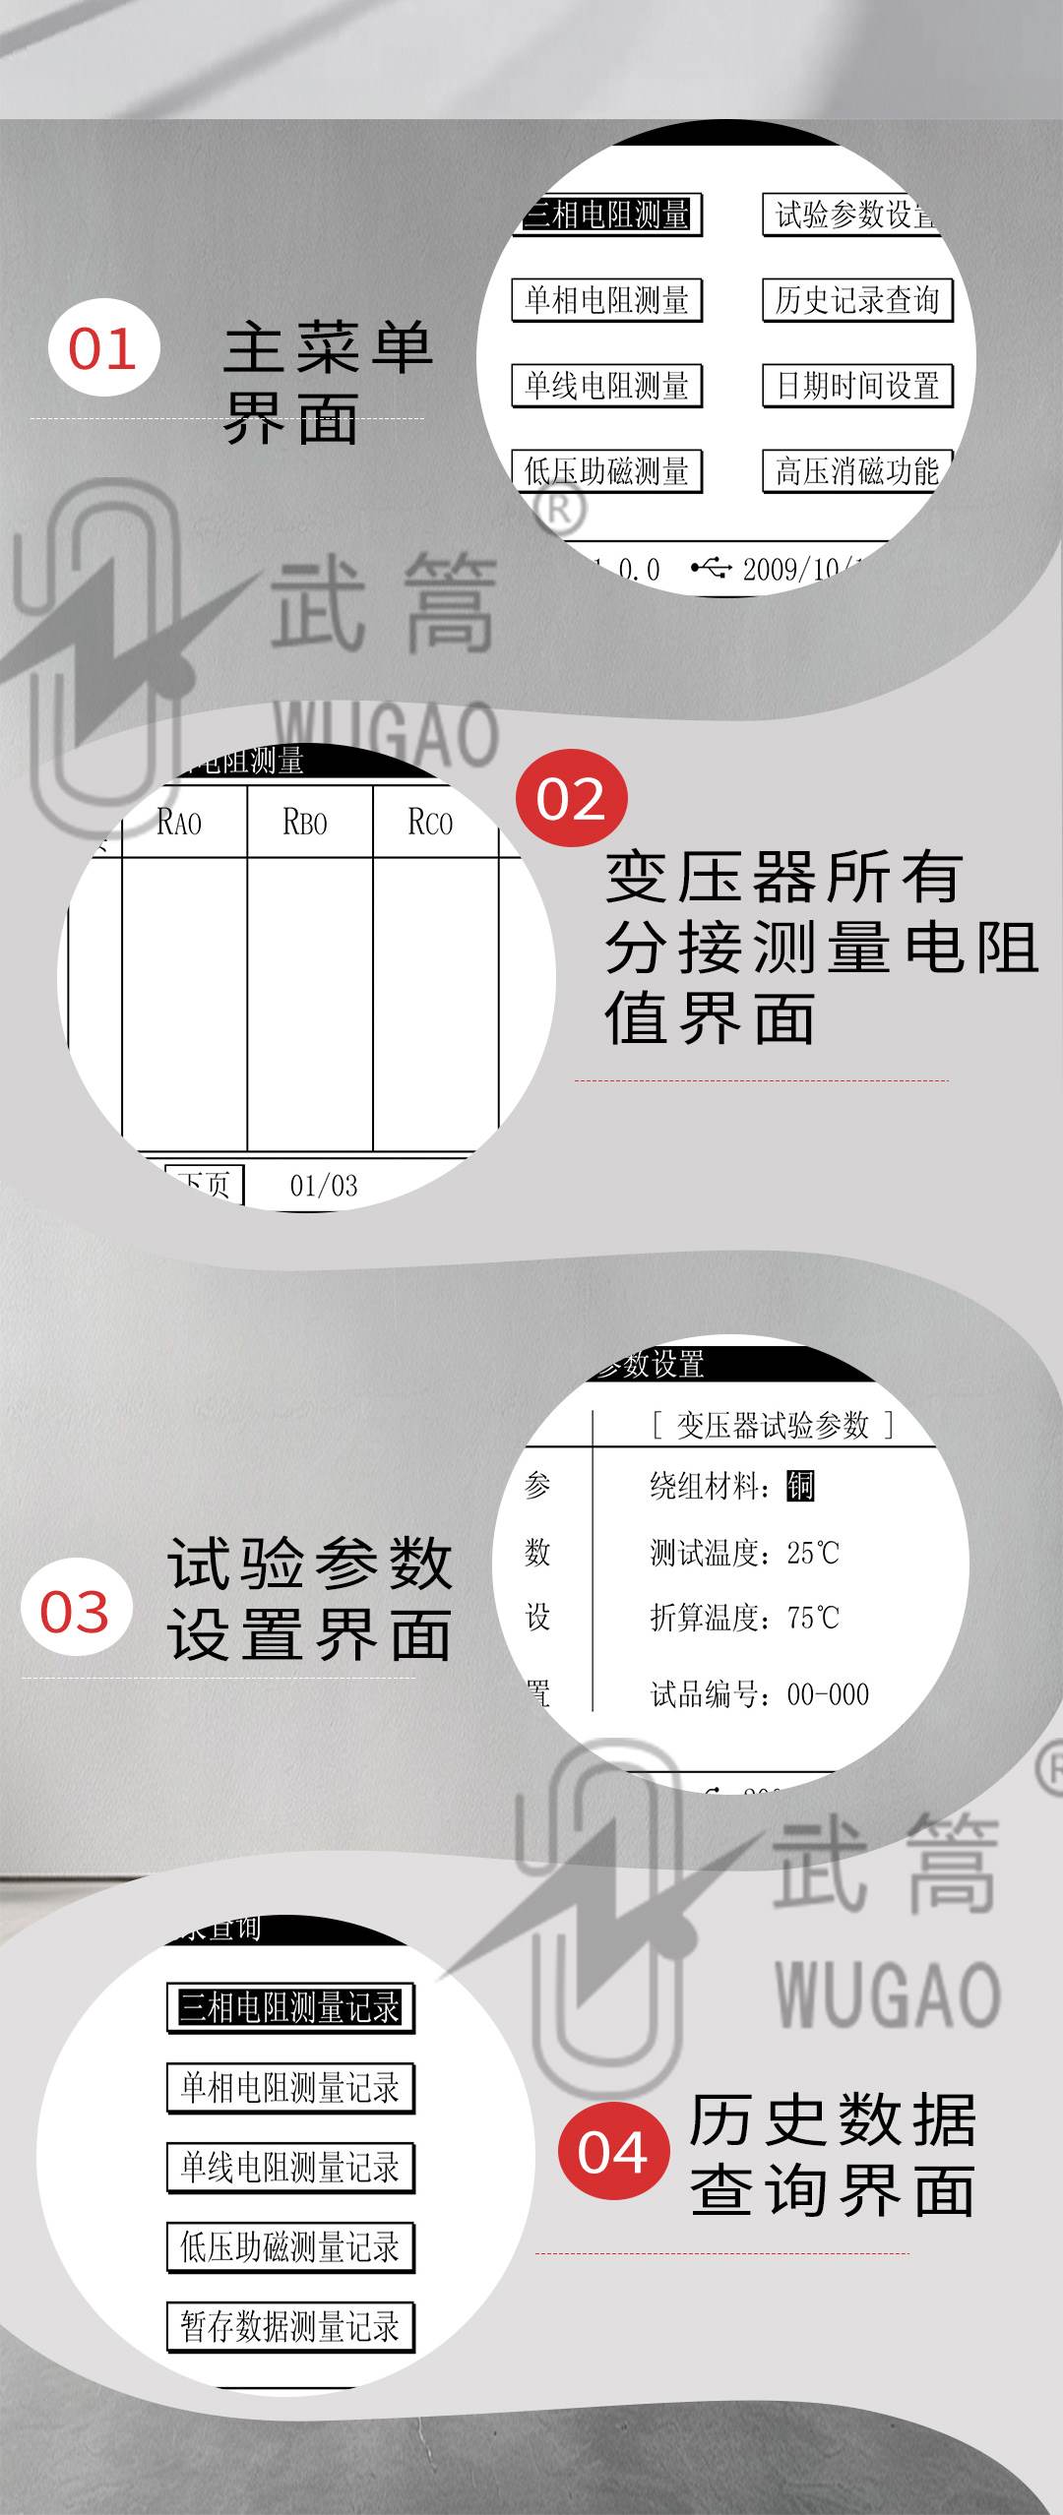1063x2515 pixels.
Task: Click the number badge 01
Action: (103, 348)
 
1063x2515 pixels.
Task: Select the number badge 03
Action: (76, 1612)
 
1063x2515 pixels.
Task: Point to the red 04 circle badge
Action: (612, 2153)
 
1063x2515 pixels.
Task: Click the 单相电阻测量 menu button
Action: (606, 300)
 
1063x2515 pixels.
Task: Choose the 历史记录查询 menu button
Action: (857, 300)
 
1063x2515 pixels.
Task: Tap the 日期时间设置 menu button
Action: (857, 386)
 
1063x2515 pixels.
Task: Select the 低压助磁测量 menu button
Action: (606, 471)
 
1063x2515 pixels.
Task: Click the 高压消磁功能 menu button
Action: (857, 471)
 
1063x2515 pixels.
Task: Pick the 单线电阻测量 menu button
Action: (606, 386)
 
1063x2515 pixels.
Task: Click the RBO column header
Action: (305, 822)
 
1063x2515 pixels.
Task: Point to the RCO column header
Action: (431, 822)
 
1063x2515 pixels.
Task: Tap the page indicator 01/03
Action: (324, 1186)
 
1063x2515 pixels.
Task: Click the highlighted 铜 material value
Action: (800, 1485)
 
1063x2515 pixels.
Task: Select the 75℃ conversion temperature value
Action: (813, 1618)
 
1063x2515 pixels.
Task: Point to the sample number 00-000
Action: (828, 1694)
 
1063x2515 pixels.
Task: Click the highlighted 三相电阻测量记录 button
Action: (290, 2007)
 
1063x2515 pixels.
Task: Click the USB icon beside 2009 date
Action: (711, 568)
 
